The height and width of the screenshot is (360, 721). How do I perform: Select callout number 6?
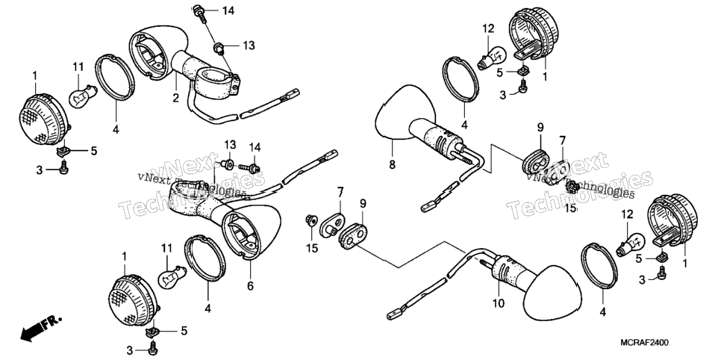(x=250, y=286)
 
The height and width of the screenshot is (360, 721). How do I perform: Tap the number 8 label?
(x=393, y=164)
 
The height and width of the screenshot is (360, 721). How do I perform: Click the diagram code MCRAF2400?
(x=644, y=343)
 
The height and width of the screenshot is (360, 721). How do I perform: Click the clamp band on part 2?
(x=217, y=83)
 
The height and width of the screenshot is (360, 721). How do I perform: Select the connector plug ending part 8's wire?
(x=429, y=207)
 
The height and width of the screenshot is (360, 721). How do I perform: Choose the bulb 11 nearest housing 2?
(x=83, y=94)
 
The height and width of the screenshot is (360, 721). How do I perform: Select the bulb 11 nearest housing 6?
(x=172, y=276)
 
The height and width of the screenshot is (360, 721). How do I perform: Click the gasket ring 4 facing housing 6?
(x=205, y=258)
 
